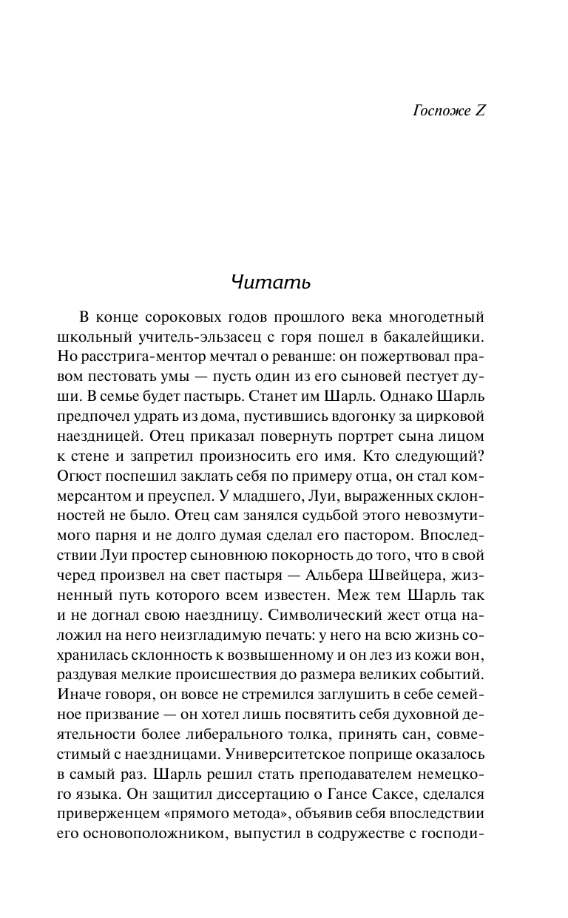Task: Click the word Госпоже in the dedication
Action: [x=436, y=111]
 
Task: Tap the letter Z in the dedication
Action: [x=479, y=111]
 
